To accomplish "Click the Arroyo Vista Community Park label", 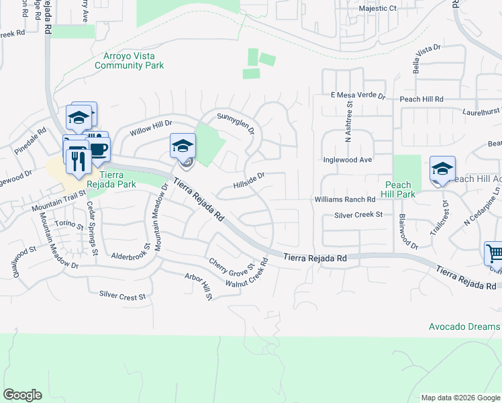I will [130, 60].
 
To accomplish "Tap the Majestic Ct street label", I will [378, 9].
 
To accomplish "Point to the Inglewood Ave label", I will [347, 160].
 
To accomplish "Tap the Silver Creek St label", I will [358, 214].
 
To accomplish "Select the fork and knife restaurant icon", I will [77, 160].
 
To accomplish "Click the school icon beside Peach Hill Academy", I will [442, 169].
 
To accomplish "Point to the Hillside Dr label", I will [250, 180].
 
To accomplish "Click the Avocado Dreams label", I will [465, 327].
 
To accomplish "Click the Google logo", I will [22, 395].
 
